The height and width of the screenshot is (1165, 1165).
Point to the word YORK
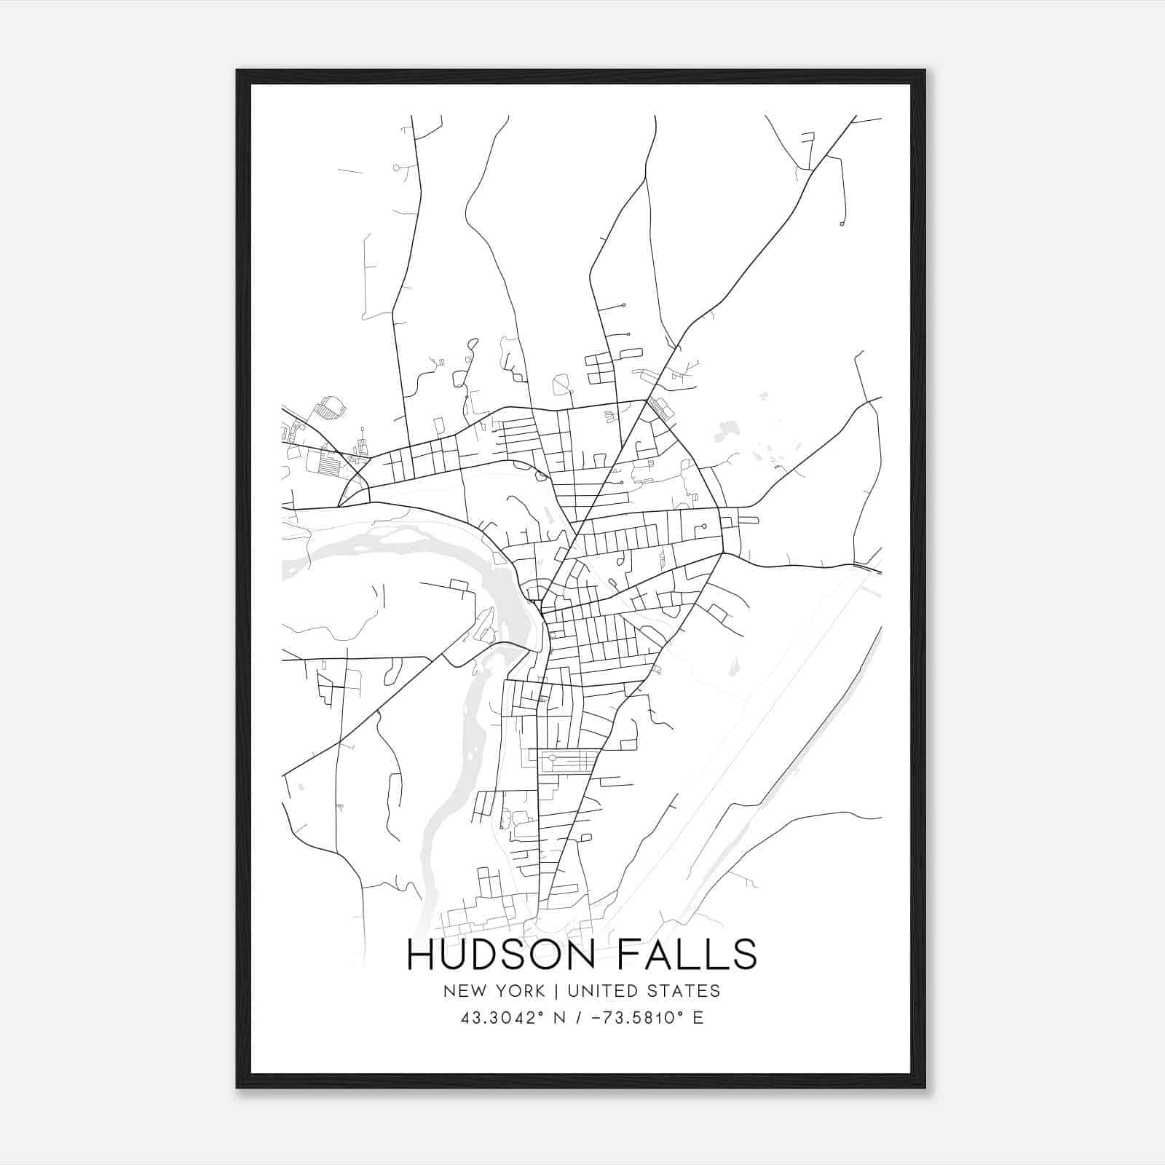click(x=518, y=991)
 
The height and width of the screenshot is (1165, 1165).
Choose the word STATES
click(x=684, y=991)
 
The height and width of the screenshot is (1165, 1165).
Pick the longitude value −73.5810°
click(x=636, y=1018)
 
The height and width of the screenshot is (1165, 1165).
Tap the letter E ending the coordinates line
click(x=698, y=1018)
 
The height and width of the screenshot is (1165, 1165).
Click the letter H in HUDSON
click(x=420, y=955)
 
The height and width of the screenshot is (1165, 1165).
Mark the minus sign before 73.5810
click(x=599, y=1018)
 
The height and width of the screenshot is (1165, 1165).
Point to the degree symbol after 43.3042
click(x=541, y=1013)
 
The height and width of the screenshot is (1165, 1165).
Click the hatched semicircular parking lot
click(x=331, y=408)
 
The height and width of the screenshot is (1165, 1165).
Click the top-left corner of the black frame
click(x=237, y=71)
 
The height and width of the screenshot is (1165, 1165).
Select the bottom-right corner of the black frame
click(x=925, y=1087)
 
